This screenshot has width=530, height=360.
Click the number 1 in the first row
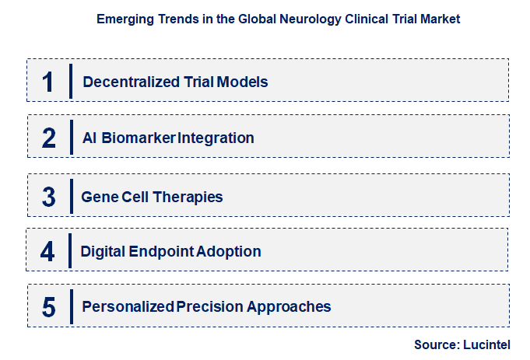(48, 82)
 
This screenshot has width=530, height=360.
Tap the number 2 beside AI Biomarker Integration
(49, 138)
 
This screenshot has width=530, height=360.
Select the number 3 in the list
(49, 197)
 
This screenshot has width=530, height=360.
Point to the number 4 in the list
(48, 252)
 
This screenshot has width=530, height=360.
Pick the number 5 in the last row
(49, 307)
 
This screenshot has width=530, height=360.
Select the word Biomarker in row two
(141, 138)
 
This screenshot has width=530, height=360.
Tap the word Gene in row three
(100, 197)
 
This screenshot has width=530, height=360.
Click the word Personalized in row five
(128, 307)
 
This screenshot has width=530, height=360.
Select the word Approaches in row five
(289, 307)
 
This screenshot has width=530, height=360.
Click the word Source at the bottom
(437, 344)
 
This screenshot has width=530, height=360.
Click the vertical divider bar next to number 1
(71, 82)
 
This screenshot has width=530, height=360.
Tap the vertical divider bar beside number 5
(70, 306)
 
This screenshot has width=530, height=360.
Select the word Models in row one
(245, 82)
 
